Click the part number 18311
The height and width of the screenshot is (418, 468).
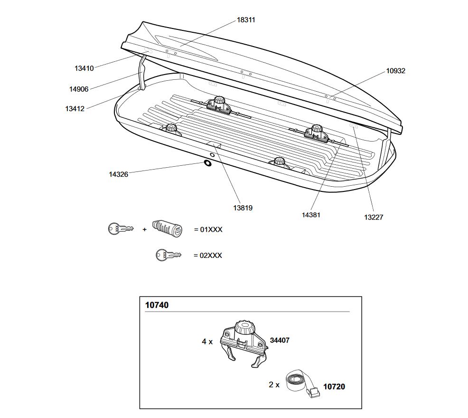(246, 20)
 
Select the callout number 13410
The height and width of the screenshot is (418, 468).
(84, 68)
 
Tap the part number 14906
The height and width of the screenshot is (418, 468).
(79, 89)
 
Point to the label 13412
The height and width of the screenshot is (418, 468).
(75, 109)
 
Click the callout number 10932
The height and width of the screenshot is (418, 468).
(395, 71)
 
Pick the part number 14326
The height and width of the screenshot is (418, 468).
(118, 174)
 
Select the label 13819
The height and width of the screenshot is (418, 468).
(243, 208)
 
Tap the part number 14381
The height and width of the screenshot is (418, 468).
(311, 215)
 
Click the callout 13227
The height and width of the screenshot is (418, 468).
(374, 218)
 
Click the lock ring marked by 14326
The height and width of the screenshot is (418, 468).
(208, 163)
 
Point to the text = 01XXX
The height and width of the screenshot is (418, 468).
(208, 230)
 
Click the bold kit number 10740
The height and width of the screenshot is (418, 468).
(157, 305)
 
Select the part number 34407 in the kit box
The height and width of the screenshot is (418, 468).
(280, 341)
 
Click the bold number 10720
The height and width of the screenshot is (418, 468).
(334, 387)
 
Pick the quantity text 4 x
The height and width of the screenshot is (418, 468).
(207, 342)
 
